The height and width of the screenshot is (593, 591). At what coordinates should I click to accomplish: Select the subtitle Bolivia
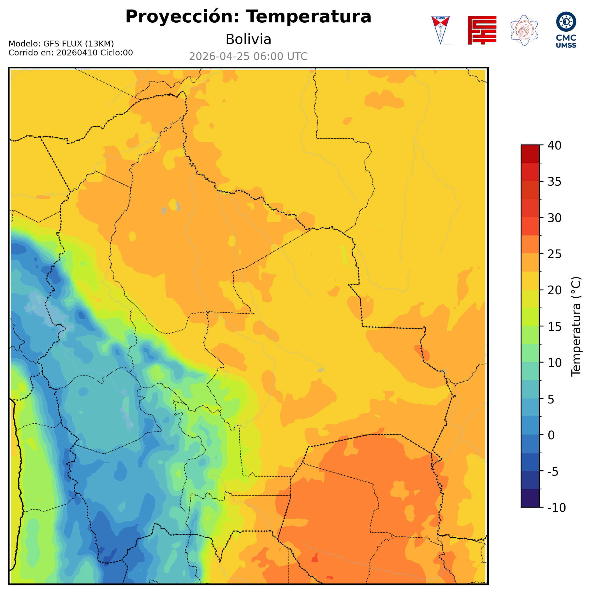[x=248, y=39]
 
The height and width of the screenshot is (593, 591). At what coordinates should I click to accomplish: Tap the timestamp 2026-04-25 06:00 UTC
[x=248, y=57]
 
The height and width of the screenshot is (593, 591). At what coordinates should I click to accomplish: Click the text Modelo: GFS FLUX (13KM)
[x=61, y=44]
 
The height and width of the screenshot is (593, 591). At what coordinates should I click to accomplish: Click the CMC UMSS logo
[x=566, y=30]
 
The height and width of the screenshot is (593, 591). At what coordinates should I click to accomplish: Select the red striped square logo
[x=482, y=30]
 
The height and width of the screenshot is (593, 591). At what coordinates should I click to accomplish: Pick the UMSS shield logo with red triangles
[x=440, y=30]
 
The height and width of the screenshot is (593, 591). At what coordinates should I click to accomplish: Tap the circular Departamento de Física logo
[x=524, y=30]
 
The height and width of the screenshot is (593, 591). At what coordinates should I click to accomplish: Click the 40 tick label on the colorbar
[x=555, y=146]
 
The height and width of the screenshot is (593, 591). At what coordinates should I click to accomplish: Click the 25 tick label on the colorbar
[x=555, y=254]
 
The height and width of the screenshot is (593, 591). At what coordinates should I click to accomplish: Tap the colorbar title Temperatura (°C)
[x=576, y=326]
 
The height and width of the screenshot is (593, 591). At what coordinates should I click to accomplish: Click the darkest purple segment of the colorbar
[x=530, y=498]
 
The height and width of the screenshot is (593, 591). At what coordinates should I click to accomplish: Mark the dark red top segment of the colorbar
[x=530, y=154]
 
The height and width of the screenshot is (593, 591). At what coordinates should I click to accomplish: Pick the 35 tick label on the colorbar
[x=555, y=182]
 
